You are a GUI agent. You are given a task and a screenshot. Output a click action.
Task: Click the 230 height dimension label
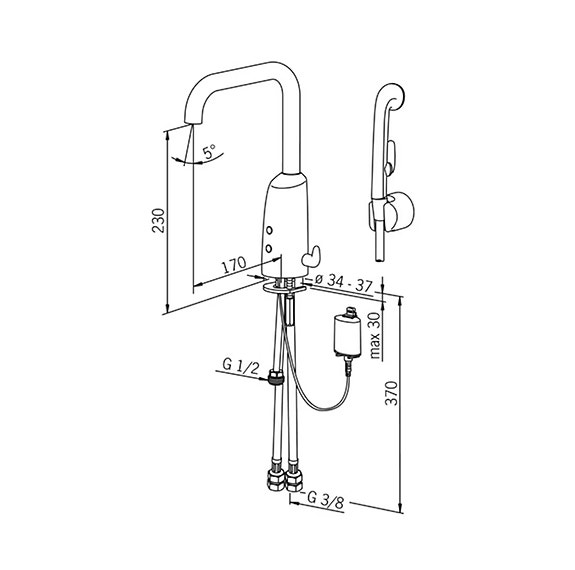point(158,220)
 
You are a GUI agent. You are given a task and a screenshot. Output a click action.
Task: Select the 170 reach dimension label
point(234,265)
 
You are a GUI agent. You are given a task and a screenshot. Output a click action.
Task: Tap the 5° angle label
point(210,151)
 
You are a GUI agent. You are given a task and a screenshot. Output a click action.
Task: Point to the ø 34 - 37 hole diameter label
point(343,282)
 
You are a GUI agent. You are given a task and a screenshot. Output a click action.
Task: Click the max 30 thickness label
point(375,335)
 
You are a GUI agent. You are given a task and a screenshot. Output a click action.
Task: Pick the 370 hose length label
point(392,393)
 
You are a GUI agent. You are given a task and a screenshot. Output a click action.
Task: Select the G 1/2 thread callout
point(241,366)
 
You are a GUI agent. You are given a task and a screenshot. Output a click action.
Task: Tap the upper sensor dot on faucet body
point(270,230)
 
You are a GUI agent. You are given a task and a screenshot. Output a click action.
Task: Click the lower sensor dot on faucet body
point(269,249)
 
